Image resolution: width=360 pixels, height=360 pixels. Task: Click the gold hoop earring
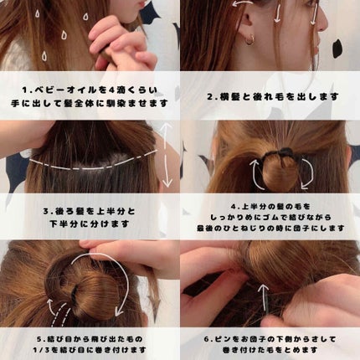click(250, 39)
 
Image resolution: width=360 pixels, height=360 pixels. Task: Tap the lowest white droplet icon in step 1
click(44, 56)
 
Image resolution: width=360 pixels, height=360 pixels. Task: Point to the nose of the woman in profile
click(323, 23)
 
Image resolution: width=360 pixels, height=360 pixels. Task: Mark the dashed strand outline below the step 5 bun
click(60, 315)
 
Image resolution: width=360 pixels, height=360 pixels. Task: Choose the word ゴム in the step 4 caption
click(265, 217)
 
